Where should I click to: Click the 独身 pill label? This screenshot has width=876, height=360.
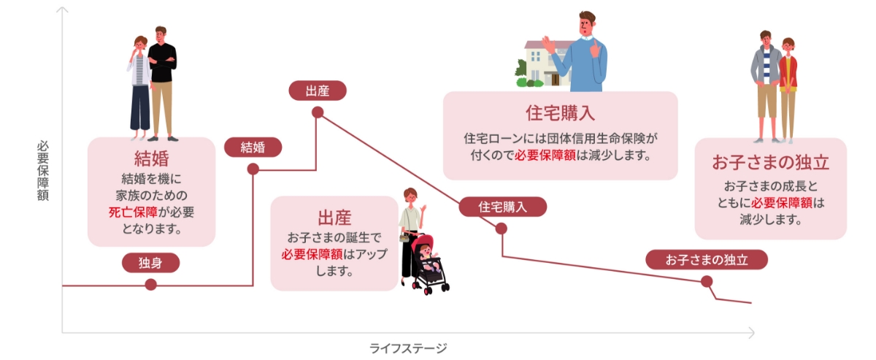[150, 263]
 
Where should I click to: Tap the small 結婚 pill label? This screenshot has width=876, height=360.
[253, 147]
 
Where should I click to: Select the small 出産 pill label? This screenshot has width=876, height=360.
[318, 91]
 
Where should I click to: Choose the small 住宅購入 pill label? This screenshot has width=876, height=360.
[502, 207]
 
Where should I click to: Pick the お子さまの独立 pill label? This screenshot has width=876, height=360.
[707, 259]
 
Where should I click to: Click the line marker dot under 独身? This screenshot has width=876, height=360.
[150, 285]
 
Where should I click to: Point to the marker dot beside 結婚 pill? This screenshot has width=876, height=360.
[253, 169]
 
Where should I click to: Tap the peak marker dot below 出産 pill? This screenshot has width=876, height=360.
[318, 112]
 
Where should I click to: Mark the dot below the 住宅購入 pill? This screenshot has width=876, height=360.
[502, 229]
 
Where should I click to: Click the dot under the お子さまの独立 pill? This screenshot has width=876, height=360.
[707, 281]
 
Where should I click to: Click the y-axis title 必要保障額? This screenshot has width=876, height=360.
[43, 171]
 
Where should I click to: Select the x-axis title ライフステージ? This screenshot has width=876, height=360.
[408, 348]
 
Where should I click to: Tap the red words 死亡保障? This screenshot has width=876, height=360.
[133, 212]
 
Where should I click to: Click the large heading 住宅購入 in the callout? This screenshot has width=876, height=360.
[560, 113]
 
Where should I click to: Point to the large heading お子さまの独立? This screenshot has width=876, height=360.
[770, 162]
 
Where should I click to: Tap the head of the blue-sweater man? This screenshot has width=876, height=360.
[587, 24]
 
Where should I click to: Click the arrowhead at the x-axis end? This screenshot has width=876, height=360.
[751, 333]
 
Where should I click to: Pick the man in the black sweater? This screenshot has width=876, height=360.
[162, 83]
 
